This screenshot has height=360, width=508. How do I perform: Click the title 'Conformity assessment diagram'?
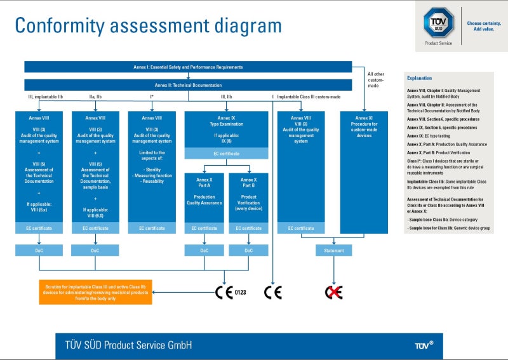(148, 25)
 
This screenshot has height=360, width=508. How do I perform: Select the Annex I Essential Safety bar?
(188, 67)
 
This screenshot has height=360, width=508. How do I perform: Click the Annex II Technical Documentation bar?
(188, 85)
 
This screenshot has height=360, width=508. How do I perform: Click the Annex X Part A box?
(204, 191)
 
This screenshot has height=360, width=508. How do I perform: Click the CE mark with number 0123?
(230, 292)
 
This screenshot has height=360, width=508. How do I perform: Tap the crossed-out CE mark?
(334, 292)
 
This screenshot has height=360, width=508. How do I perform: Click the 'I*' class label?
(151, 97)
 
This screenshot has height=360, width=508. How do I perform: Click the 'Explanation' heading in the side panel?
(419, 78)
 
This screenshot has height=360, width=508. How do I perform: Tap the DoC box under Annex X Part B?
(248, 250)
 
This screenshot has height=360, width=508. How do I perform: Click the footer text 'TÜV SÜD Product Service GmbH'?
(128, 345)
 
